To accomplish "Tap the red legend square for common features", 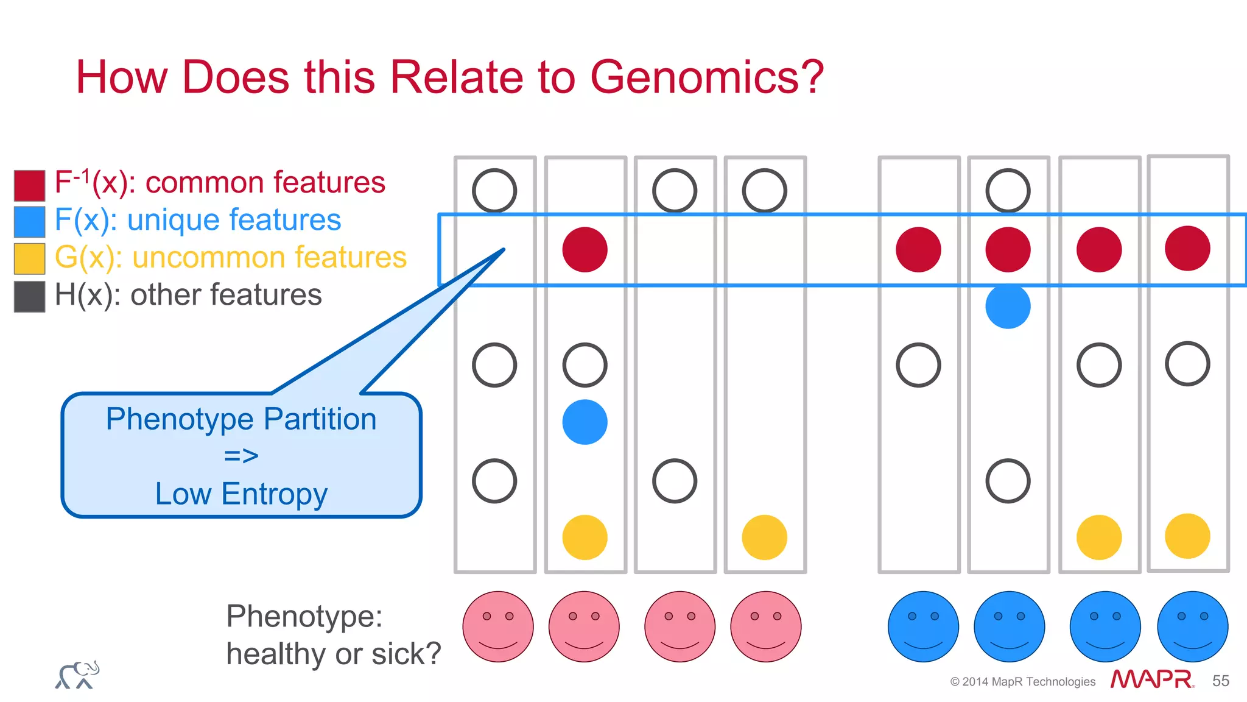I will (29, 185).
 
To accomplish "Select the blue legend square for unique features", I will (29, 222).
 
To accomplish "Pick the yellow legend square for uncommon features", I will (29, 259).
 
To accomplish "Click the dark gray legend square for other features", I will (29, 297).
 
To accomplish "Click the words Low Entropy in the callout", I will (241, 494).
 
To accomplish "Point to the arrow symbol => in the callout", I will (241, 456).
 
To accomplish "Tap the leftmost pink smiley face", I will (497, 626).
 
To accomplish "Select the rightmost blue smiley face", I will (1192, 626).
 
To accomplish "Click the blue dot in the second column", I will (585, 422).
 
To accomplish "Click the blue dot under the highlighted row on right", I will (1008, 306).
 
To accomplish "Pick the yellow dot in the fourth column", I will (764, 537).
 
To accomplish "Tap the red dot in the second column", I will (585, 249).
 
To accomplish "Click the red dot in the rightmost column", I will (1187, 248).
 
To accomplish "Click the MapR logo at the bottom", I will (1151, 679).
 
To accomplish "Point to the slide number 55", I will (1220, 681).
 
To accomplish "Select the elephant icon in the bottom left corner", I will (77, 675).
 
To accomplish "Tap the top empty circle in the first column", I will (494, 191).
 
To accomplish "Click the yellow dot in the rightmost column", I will (1187, 536).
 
